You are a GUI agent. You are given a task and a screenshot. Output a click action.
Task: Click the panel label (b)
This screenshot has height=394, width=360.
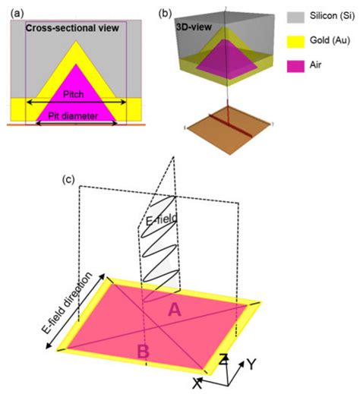click(x=165, y=12)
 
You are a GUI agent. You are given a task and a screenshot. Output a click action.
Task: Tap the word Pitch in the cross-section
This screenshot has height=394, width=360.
click(x=74, y=94)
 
